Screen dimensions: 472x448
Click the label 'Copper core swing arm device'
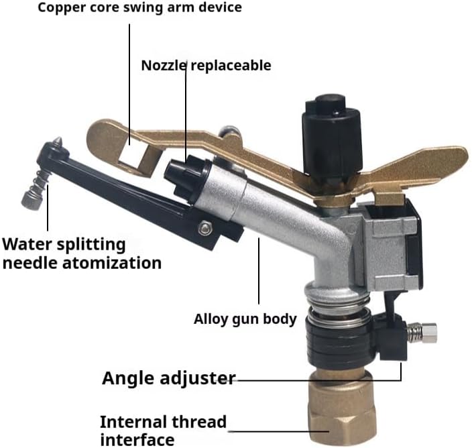(x=139, y=7)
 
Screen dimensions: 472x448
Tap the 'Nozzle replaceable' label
(x=206, y=65)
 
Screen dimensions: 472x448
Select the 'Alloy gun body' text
(x=245, y=319)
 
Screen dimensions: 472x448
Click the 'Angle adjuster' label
(x=168, y=378)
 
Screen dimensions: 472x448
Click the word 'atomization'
(x=112, y=263)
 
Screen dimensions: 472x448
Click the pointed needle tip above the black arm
(x=58, y=142)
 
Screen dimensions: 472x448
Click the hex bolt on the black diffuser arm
(x=205, y=227)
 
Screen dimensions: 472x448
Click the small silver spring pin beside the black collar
(x=422, y=332)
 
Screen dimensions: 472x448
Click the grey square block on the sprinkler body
(x=388, y=245)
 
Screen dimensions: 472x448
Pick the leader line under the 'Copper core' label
(x=130, y=85)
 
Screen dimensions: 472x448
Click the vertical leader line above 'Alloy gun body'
(x=259, y=271)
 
